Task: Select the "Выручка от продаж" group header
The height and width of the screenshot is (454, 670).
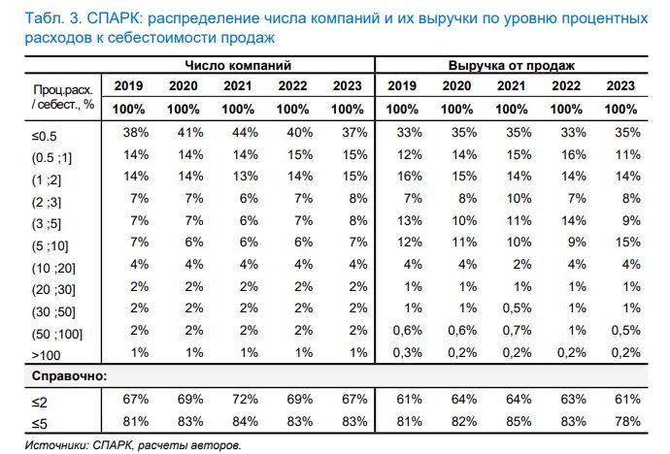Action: (x=512, y=66)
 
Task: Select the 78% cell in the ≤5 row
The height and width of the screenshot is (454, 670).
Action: (x=620, y=421)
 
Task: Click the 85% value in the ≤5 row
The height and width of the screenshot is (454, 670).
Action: (x=511, y=421)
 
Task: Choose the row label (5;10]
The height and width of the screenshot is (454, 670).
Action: (x=55, y=245)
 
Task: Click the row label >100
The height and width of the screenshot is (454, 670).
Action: (x=46, y=355)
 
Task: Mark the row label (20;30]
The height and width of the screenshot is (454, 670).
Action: (x=57, y=289)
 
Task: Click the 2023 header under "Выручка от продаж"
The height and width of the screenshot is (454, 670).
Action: (x=620, y=86)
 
